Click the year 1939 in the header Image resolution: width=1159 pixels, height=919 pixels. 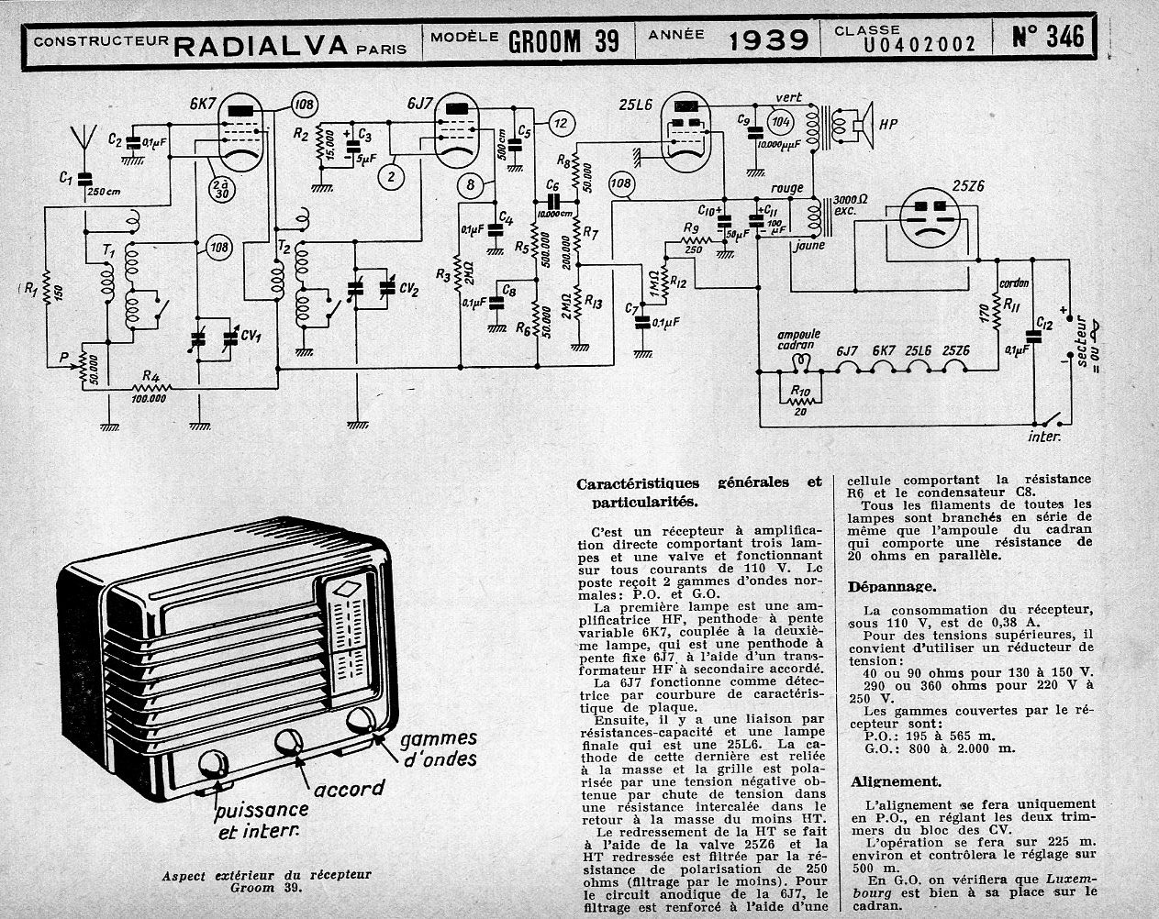click(768, 39)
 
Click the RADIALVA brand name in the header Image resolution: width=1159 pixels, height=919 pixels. click(260, 44)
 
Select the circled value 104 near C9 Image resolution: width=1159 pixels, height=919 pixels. click(780, 124)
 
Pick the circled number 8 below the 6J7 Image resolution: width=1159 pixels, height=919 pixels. click(471, 185)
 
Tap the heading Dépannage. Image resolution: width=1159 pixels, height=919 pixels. click(892, 586)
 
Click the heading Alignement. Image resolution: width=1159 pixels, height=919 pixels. click(895, 781)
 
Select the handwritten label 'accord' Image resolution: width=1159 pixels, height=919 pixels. click(349, 790)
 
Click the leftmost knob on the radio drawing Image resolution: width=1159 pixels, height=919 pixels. click(213, 764)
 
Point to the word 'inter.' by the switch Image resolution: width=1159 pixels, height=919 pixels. click(1045, 437)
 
